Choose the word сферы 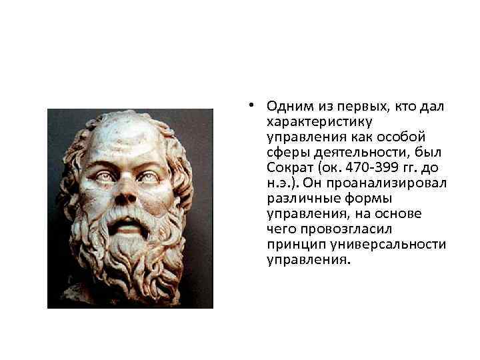[285, 153]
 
